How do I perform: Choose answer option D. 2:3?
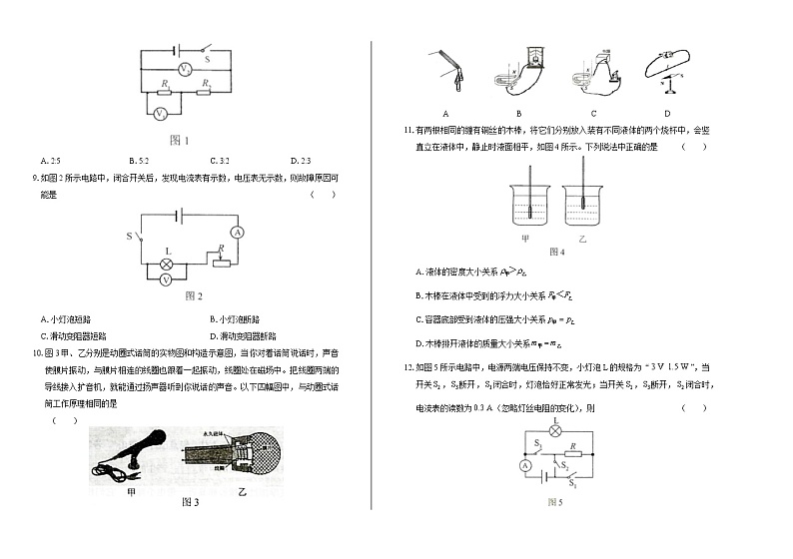(x=299, y=161)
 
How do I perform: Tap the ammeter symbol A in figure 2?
(x=237, y=231)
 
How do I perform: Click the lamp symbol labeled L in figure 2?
(x=168, y=265)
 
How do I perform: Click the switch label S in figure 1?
(x=208, y=59)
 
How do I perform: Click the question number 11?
(x=407, y=130)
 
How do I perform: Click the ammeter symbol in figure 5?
(x=523, y=466)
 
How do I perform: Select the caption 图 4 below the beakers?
(x=556, y=252)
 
